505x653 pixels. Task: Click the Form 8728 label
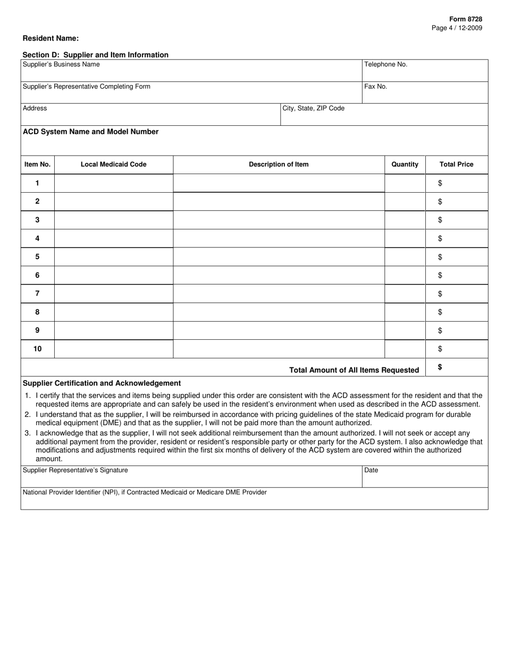tap(466, 19)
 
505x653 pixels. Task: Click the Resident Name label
tap(50, 38)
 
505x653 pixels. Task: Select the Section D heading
tap(95, 55)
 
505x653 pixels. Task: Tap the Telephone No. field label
tap(385, 64)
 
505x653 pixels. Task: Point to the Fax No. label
tap(375, 86)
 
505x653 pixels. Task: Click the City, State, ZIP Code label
tap(313, 108)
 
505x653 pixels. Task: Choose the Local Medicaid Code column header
tap(113, 165)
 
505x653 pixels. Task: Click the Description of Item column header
tap(279, 165)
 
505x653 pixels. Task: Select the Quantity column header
tap(405, 165)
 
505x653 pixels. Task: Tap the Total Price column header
tap(456, 165)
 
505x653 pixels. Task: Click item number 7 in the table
tap(37, 294)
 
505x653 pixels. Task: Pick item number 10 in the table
tap(37, 349)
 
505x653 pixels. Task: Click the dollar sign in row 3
tap(440, 220)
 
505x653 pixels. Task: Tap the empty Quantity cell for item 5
tap(405, 257)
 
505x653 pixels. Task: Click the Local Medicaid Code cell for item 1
tap(113, 183)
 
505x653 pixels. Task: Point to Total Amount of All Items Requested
tap(353, 370)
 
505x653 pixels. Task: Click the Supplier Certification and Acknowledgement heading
tap(102, 383)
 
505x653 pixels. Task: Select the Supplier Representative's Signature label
tap(75, 470)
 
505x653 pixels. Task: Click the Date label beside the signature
tap(371, 470)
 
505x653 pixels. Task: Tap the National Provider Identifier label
tap(145, 492)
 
